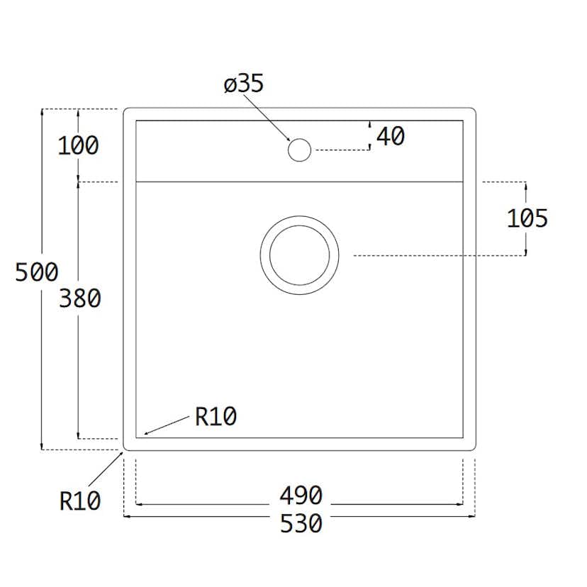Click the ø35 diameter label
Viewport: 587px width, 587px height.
point(243,84)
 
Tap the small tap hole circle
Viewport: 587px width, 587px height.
point(299,150)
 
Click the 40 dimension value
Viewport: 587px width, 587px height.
point(390,136)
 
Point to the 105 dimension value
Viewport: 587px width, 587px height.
point(527,219)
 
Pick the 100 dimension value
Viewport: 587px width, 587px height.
point(78,146)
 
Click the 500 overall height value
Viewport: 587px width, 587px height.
point(36,272)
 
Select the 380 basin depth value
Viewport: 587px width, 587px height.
point(79,299)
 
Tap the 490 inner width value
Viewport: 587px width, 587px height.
point(301,495)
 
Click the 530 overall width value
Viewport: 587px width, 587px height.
point(301,524)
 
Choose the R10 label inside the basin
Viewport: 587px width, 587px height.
point(216,418)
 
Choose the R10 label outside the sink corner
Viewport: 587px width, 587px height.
point(79,501)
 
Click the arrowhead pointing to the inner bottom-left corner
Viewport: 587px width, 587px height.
point(146,432)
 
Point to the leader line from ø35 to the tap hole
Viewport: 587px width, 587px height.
point(269,118)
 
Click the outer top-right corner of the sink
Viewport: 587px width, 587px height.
point(473,111)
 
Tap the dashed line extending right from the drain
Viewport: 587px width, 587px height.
point(440,255)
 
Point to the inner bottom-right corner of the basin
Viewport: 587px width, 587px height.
point(462,437)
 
